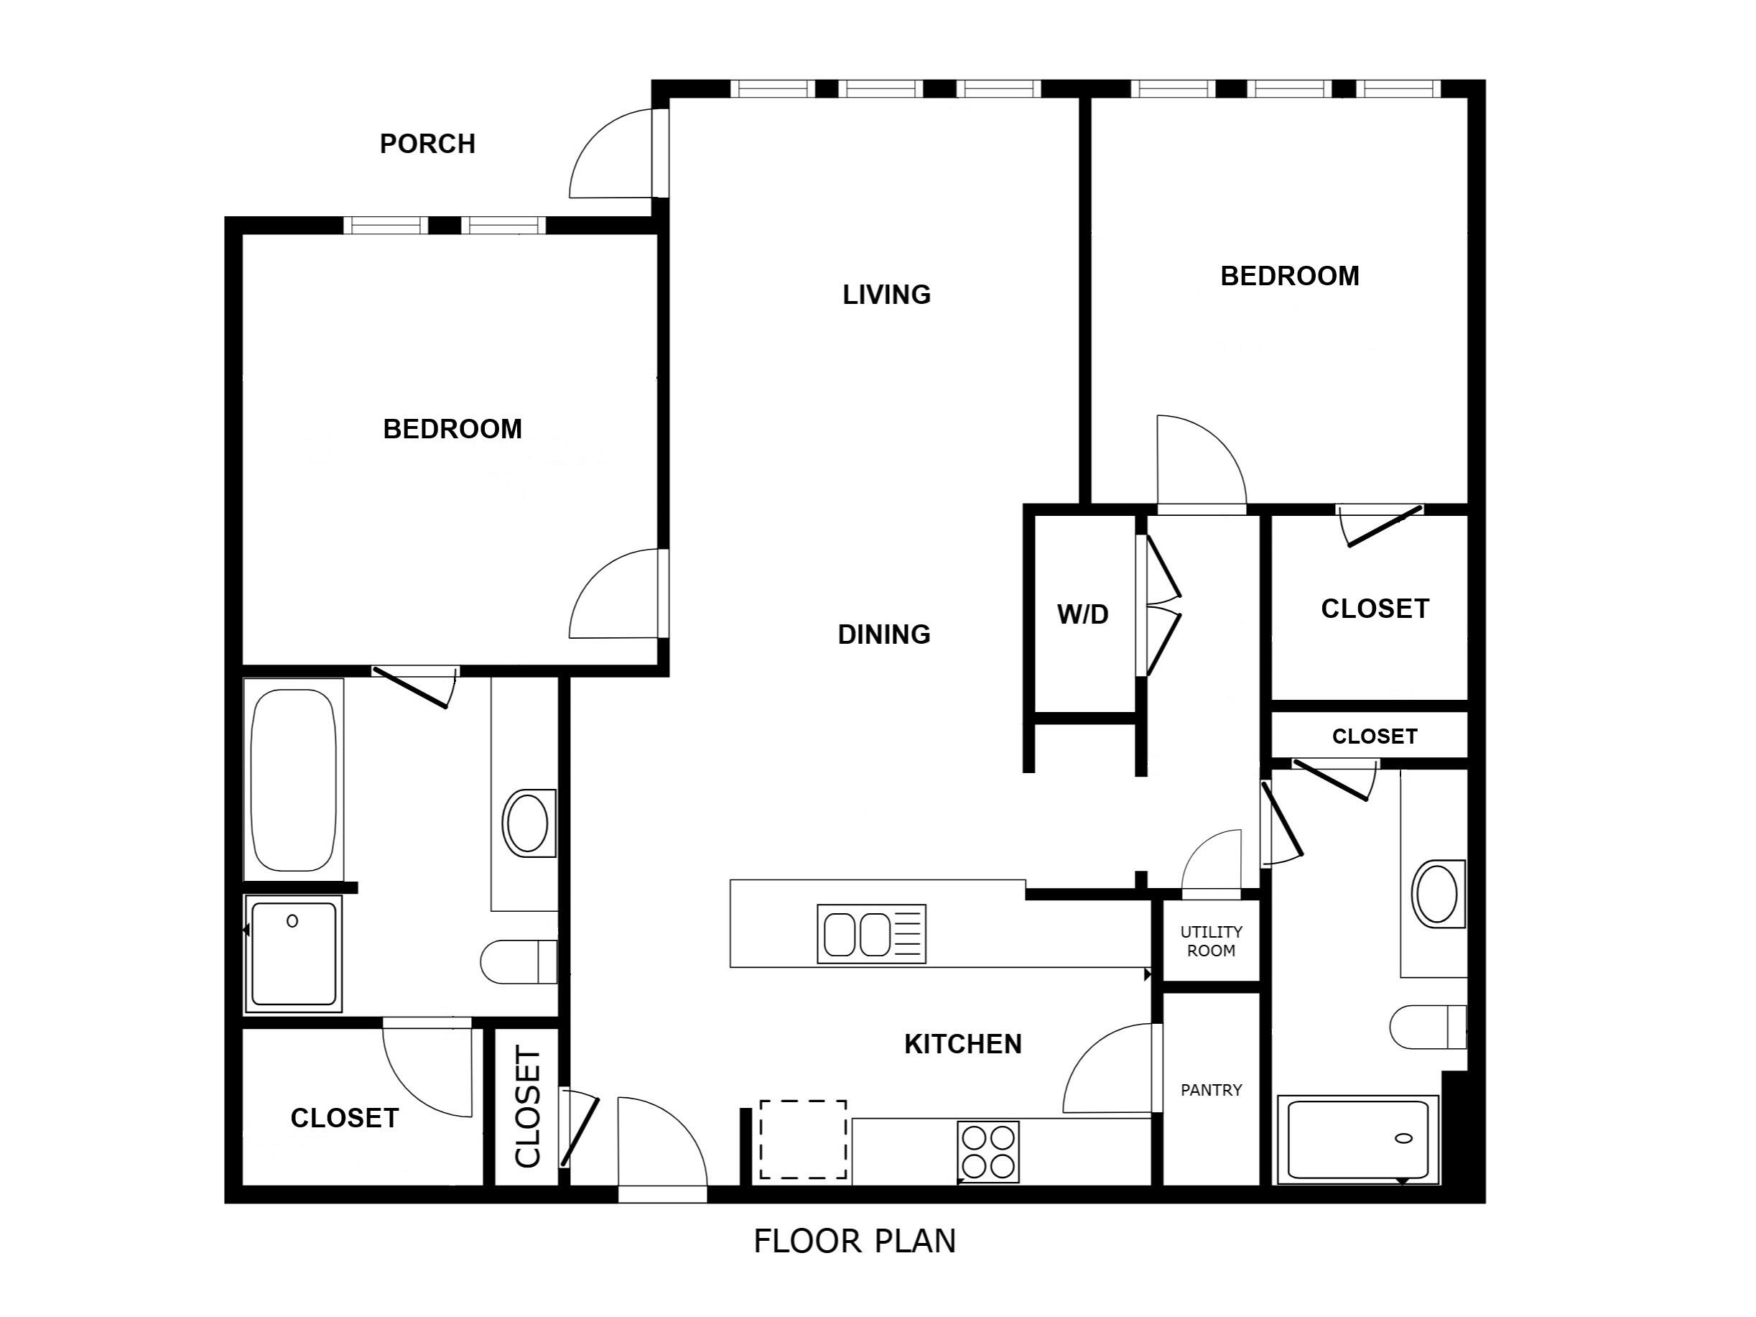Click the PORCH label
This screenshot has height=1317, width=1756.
[427, 144]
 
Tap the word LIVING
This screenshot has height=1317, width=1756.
[886, 295]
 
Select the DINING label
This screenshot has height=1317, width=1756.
[883, 634]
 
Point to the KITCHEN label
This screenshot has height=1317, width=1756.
[962, 1044]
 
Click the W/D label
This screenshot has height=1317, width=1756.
[1082, 614]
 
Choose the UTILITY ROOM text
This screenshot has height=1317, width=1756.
[1211, 941]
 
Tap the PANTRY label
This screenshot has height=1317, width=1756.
[1211, 1090]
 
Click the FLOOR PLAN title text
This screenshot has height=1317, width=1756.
[854, 1241]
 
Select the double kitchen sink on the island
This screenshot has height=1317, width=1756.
[871, 934]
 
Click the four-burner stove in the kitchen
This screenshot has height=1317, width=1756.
[988, 1151]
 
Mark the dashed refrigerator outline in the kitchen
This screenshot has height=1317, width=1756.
[802, 1139]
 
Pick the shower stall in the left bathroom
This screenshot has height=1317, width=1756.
[293, 953]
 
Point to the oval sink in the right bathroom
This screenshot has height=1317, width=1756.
[1437, 894]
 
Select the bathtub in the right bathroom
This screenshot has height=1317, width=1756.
[1357, 1140]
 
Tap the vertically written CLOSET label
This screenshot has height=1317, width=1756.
[528, 1107]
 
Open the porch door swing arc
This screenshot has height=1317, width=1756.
[608, 155]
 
